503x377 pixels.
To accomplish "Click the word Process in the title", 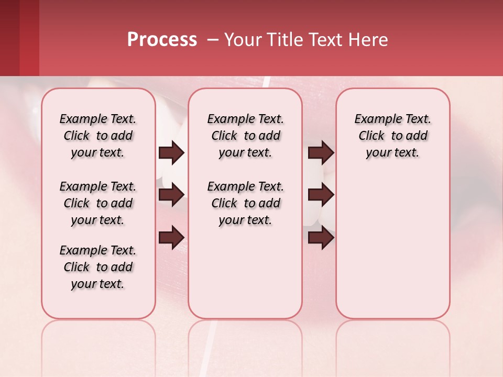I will [x=162, y=40].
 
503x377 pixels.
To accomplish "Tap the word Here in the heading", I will [x=368, y=40].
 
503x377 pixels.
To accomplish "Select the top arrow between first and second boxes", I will [x=171, y=153].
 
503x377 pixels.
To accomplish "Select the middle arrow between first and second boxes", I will [x=171, y=195].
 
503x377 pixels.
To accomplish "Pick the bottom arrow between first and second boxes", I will [x=171, y=238].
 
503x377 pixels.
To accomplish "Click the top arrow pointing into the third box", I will [x=321, y=153].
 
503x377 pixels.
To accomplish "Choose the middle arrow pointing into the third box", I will [x=321, y=195].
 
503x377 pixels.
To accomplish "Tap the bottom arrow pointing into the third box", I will [x=321, y=238].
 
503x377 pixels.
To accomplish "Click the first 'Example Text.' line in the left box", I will [x=98, y=119].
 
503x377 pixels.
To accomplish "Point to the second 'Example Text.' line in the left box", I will [x=98, y=187].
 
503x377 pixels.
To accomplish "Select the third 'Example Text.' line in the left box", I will [x=98, y=251].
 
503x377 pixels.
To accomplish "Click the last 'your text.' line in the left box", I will [x=98, y=284].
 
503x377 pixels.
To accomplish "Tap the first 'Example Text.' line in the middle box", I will [x=245, y=119].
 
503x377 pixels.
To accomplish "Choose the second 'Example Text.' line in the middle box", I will [x=245, y=187].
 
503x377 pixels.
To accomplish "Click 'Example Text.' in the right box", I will [x=392, y=119].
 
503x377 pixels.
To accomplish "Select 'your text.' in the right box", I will [x=392, y=153].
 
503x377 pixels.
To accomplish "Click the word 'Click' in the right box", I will [x=371, y=136].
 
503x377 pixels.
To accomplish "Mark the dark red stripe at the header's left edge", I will [x=9, y=38].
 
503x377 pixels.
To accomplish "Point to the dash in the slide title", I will [x=212, y=40].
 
